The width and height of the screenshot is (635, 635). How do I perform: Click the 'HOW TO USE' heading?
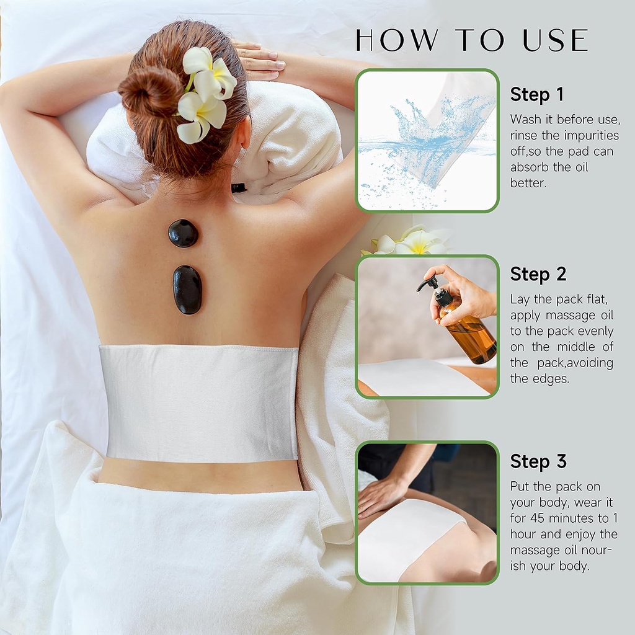click(x=472, y=40)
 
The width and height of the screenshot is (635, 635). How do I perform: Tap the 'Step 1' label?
click(x=537, y=95)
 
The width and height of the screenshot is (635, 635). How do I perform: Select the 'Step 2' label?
click(x=538, y=274)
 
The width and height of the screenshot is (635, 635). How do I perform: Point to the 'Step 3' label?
click(x=538, y=461)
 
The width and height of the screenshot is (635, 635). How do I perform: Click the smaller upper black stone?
click(x=183, y=233)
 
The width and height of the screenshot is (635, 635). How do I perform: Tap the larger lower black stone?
click(x=187, y=290)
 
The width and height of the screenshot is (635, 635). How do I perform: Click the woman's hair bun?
click(x=150, y=92)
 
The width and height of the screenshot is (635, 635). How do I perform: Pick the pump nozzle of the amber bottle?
click(x=429, y=284)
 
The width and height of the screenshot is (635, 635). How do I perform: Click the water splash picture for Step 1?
click(x=427, y=141)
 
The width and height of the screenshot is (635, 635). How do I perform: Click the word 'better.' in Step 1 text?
click(x=528, y=183)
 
